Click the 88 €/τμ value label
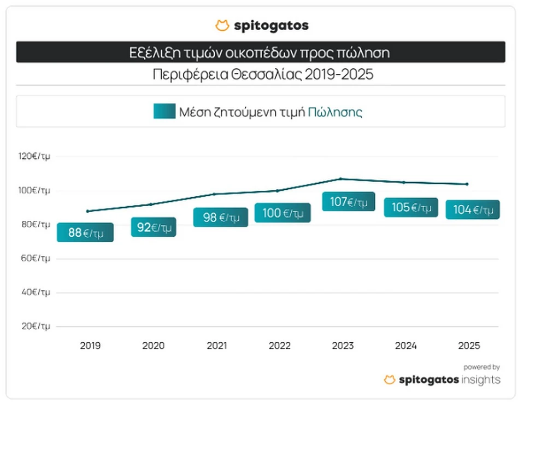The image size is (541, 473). pos(85,232)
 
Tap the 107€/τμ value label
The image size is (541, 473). pos(348,202)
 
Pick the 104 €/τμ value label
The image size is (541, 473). pos(473,209)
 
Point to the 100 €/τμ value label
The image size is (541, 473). pos(283,213)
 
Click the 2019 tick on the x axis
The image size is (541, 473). pos(90,346)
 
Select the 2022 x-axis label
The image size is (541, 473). pos(280,346)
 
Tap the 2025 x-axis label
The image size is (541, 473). pos(469,346)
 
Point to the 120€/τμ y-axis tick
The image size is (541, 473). pos(34,156)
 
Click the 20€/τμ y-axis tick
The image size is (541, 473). pos(36,326)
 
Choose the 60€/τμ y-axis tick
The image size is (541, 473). pos(36,258)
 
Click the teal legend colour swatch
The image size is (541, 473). pos(164,112)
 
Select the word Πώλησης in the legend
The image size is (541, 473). pos(335,112)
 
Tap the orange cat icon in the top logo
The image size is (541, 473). pos(222,26)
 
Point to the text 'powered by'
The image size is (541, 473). pos(481,367)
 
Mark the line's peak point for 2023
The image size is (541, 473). pos(340,179)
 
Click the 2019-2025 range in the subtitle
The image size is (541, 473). pos(339,74)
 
